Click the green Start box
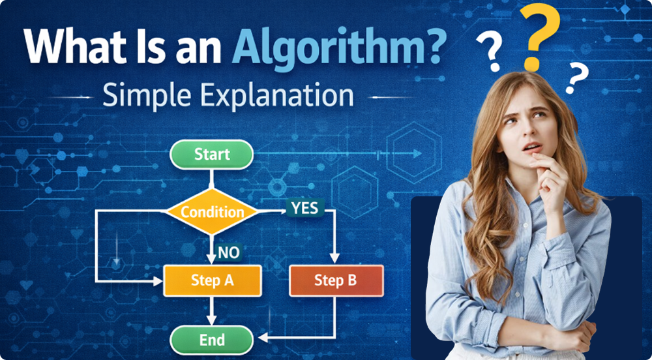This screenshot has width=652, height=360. pyautogui.click(x=211, y=155)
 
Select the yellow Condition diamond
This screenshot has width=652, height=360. pyautogui.click(x=211, y=211)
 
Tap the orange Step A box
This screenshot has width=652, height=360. pyautogui.click(x=212, y=280)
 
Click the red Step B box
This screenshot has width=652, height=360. pyautogui.click(x=335, y=280)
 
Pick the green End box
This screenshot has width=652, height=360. pyautogui.click(x=211, y=339)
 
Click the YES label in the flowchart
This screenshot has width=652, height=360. pyautogui.click(x=305, y=208)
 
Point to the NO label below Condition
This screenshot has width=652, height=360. pyautogui.click(x=228, y=252)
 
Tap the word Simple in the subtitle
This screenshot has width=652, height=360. pyautogui.click(x=149, y=97)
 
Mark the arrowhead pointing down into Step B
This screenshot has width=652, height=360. pyautogui.click(x=335, y=260)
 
